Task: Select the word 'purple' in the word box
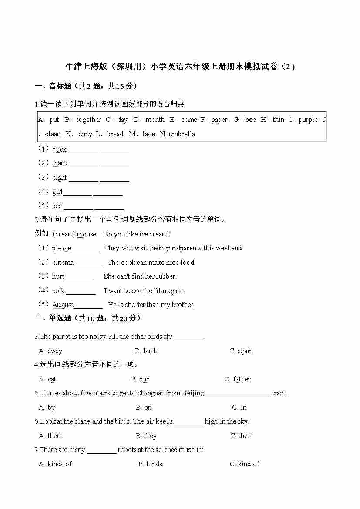tap(308, 120)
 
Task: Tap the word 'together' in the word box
tap(88, 120)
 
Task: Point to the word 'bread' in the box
tap(115, 134)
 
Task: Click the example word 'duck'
tap(59, 149)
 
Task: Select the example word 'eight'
tap(59, 178)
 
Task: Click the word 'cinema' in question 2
tap(63, 263)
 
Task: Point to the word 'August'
tap(63, 305)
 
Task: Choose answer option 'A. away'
tap(50, 351)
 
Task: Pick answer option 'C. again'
tap(241, 351)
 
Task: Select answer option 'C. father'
tap(238, 379)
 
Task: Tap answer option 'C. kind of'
tap(245, 464)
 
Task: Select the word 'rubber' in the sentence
tap(166, 276)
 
